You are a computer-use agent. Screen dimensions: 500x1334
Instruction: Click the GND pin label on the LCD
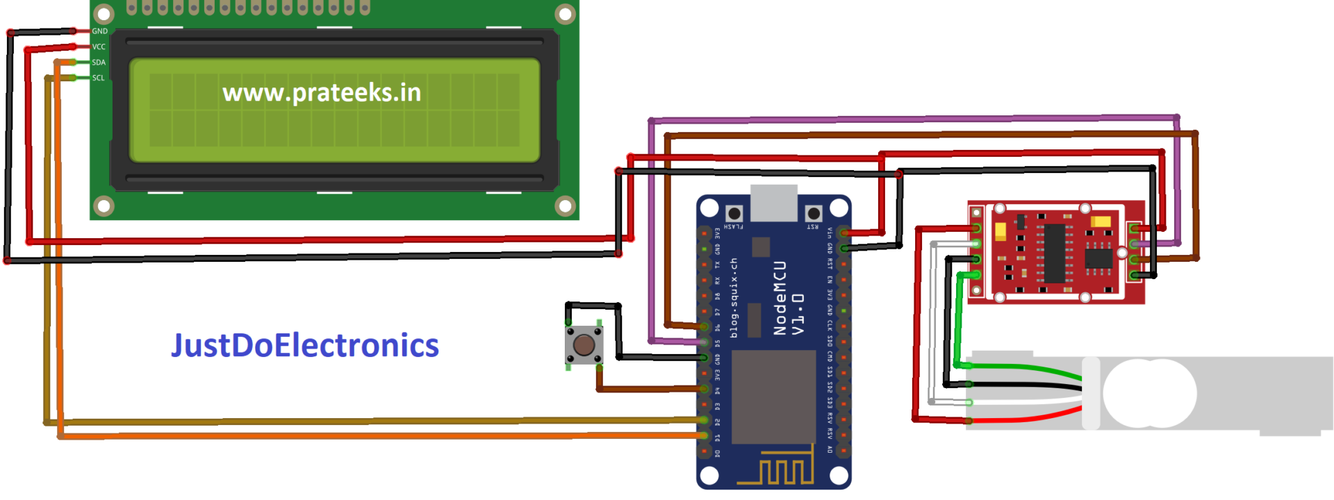pyautogui.click(x=99, y=31)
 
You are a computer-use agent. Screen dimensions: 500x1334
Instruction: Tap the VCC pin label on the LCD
pyautogui.click(x=99, y=47)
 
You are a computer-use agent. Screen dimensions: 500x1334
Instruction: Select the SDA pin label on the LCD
pyautogui.click(x=99, y=62)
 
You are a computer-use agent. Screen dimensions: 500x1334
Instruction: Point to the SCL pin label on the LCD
pyautogui.click(x=99, y=78)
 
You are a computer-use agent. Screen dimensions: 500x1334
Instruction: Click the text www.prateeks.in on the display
pyautogui.click(x=322, y=92)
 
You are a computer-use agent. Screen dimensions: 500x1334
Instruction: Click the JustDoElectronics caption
pyautogui.click(x=305, y=345)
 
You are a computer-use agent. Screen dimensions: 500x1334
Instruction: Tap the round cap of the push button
pyautogui.click(x=584, y=344)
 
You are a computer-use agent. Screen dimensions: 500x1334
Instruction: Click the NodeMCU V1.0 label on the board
pyautogui.click(x=789, y=299)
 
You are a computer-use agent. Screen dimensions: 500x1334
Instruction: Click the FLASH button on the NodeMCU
pyautogui.click(x=734, y=213)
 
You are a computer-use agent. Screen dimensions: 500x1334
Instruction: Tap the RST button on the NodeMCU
pyautogui.click(x=814, y=213)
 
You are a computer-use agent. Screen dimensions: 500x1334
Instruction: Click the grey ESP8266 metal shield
pyautogui.click(x=773, y=397)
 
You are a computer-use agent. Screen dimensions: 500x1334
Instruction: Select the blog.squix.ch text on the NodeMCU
pyautogui.click(x=734, y=299)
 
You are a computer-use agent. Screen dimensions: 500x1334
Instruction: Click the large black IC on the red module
pyautogui.click(x=1055, y=253)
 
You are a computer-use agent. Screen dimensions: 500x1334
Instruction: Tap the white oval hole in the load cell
pyautogui.click(x=1149, y=393)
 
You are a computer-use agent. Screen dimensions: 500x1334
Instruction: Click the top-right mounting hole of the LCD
pyautogui.click(x=565, y=14)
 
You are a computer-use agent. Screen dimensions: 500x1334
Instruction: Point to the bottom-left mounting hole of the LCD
pyautogui.click(x=104, y=206)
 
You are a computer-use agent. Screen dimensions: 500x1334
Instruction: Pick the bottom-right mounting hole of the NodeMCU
pyautogui.click(x=839, y=476)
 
